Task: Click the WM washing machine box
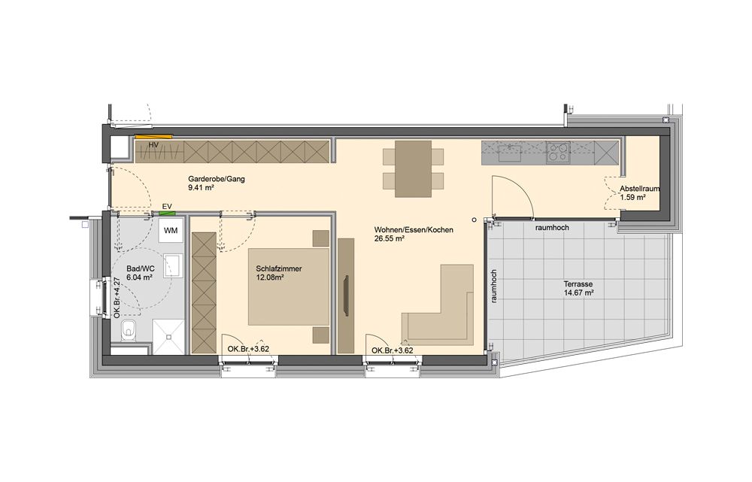pos(170,230)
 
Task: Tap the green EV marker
pos(168,213)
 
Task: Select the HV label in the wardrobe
pos(153,145)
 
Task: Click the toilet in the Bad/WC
pos(129,330)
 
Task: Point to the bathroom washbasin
pos(172,266)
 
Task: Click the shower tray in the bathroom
pos(168,337)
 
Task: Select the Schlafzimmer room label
pos(279,268)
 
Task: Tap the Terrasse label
pos(578,284)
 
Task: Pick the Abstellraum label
pos(639,189)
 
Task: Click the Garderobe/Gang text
pos(217,179)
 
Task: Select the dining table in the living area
pos(414,168)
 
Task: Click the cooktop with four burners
pos(558,153)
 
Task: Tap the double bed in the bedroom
pos(289,286)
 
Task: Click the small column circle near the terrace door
pos(474,220)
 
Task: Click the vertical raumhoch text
pos(494,286)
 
